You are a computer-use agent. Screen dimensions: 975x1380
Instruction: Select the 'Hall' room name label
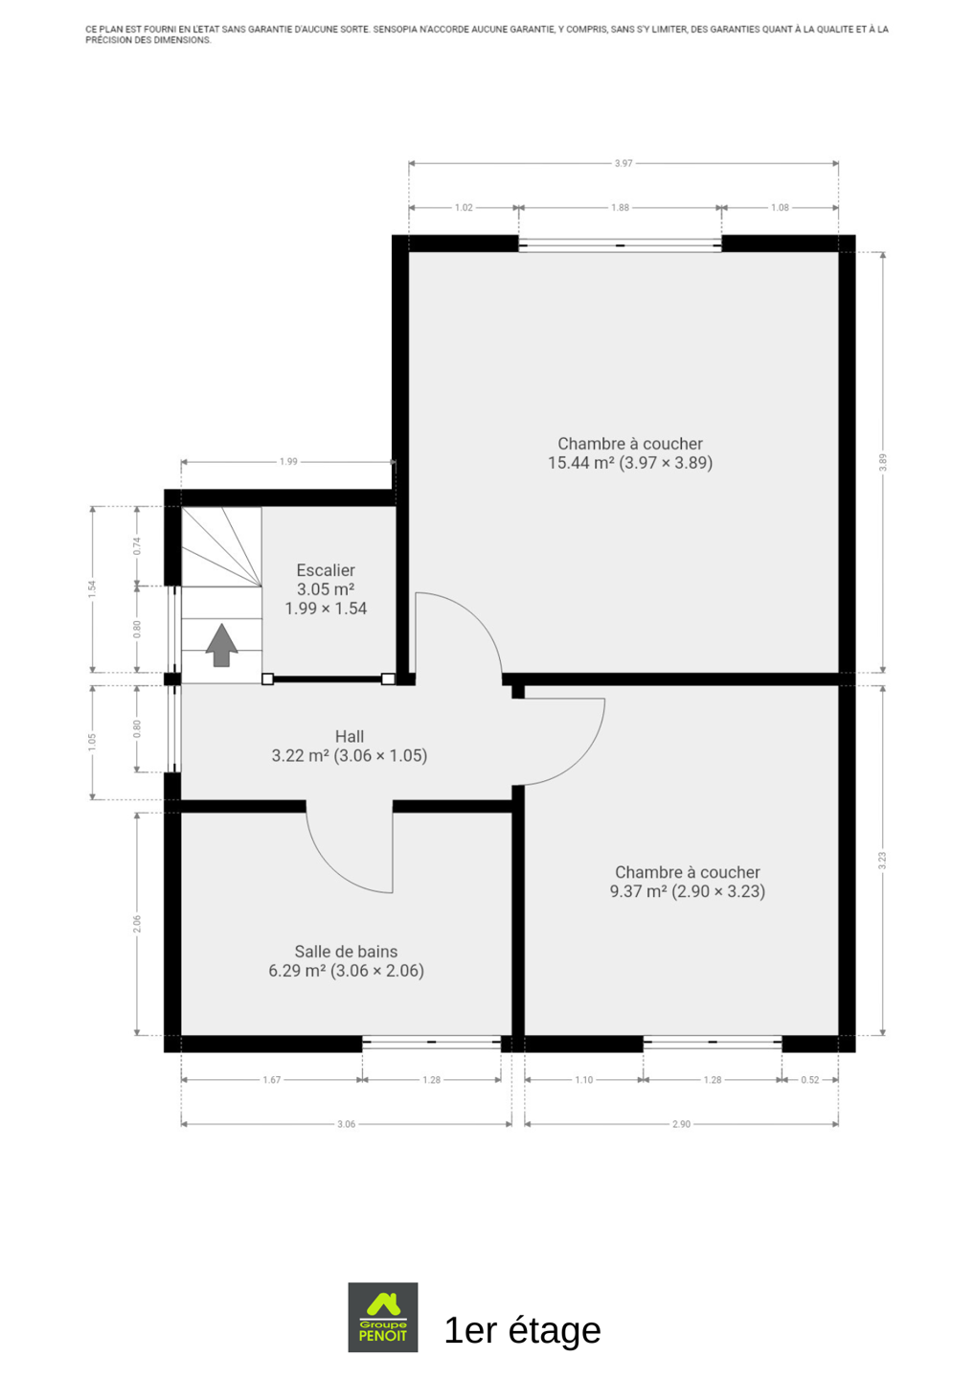349,736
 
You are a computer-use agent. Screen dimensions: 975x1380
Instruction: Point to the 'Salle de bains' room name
346,952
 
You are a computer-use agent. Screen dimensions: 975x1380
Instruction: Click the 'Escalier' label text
326,570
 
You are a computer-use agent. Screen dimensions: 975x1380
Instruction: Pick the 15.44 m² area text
581,463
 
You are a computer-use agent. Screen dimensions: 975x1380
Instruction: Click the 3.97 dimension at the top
623,163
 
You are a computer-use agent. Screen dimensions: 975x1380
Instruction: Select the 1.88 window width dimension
620,208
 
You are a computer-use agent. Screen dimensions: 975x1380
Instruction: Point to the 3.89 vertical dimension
882,462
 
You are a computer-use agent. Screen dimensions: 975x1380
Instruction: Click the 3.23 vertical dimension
882,861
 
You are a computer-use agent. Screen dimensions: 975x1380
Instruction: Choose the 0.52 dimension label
810,1080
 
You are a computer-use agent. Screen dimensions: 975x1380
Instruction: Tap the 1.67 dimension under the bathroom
271,1080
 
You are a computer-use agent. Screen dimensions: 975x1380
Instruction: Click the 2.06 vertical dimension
137,924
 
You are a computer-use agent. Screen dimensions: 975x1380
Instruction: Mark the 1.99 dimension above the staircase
288,462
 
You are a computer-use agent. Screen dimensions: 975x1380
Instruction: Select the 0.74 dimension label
137,546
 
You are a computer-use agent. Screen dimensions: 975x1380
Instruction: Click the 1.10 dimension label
583,1080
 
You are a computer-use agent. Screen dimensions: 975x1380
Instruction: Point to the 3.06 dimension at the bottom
346,1124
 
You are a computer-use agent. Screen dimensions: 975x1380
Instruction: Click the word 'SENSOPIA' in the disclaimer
395,29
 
